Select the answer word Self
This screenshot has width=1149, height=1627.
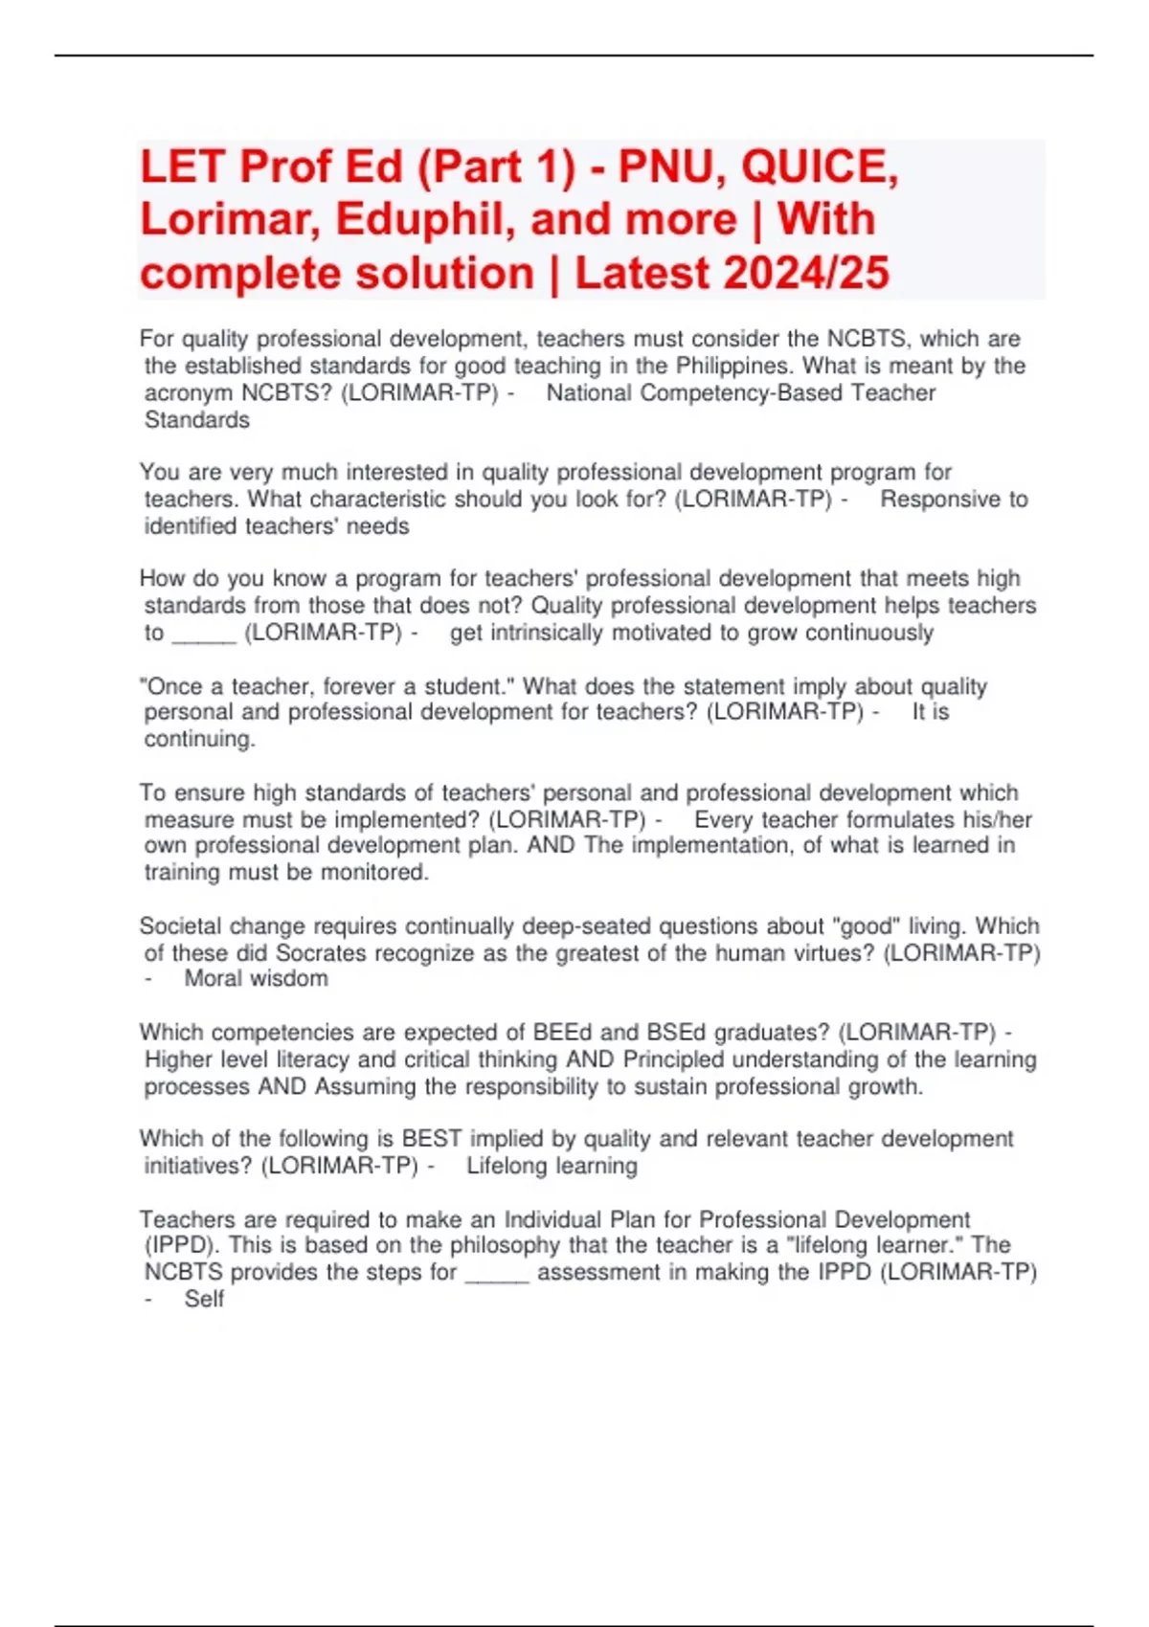pyautogui.click(x=204, y=1299)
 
